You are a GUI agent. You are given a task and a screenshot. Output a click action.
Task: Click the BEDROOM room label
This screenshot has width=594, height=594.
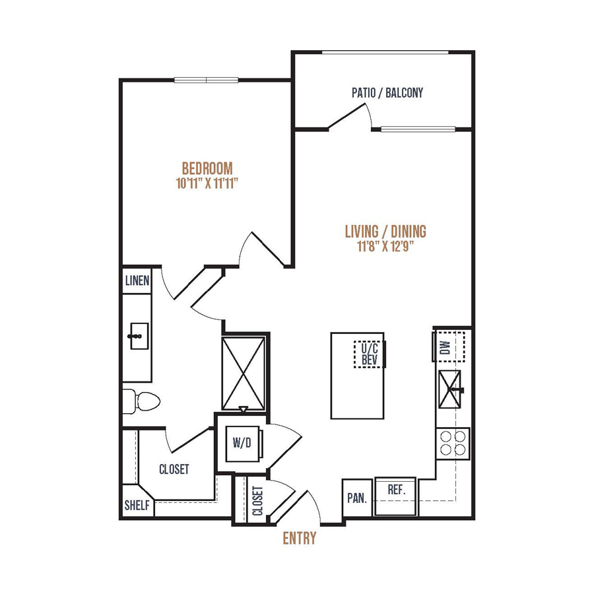[207, 168]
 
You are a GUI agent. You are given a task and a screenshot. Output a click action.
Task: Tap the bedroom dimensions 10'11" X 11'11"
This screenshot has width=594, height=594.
[207, 183]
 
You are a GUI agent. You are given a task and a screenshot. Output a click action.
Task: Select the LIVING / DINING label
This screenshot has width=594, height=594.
[385, 231]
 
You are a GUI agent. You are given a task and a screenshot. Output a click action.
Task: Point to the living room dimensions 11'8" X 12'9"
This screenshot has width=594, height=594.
[385, 247]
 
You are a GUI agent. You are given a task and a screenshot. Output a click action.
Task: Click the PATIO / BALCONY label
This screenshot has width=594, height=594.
[387, 93]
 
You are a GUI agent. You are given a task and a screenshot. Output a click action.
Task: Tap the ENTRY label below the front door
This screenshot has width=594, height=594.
[299, 538]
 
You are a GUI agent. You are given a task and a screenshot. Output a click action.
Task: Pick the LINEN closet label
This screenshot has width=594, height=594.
[137, 280]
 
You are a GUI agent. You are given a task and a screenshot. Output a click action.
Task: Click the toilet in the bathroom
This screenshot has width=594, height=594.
[141, 401]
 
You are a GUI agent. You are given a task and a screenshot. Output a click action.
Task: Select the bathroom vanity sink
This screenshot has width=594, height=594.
[139, 336]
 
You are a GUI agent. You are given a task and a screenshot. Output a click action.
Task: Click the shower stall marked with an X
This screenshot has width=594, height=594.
[244, 373]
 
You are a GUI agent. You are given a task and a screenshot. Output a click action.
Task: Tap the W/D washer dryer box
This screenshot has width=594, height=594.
[243, 444]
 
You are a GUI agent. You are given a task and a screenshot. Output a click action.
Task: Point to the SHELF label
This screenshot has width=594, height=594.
[137, 505]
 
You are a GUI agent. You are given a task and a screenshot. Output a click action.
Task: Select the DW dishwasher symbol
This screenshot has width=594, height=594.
[449, 346]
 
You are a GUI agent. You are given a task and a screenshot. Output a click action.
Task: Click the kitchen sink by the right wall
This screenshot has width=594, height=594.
[449, 389]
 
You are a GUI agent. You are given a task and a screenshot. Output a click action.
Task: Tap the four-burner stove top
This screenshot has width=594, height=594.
[453, 444]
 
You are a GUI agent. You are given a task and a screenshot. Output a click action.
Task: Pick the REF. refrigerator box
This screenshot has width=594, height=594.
[395, 496]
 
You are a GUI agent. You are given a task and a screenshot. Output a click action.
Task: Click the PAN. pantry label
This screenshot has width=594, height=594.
[357, 498]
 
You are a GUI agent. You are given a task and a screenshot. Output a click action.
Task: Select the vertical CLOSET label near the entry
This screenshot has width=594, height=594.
[257, 501]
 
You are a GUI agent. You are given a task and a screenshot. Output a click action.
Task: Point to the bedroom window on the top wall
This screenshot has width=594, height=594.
[207, 80]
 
